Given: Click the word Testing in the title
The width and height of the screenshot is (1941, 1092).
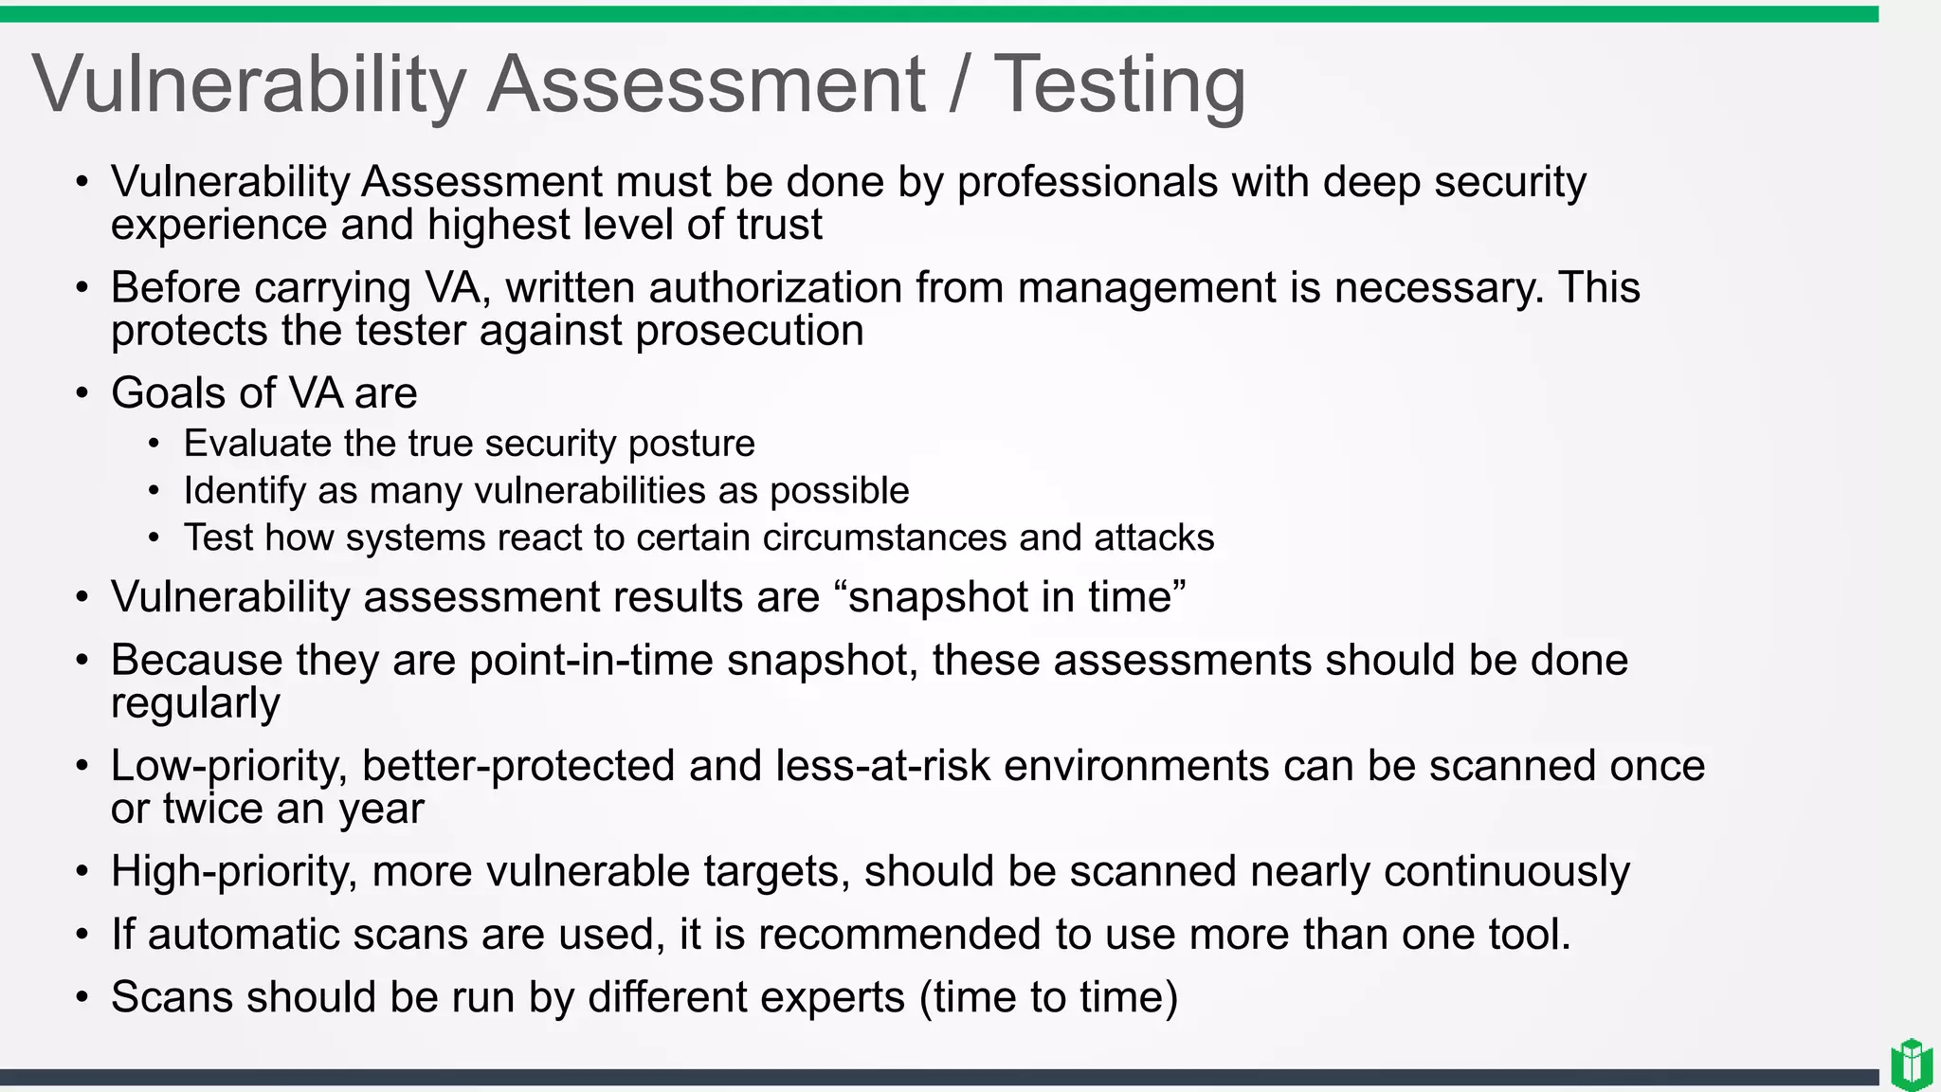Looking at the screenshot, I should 1118,85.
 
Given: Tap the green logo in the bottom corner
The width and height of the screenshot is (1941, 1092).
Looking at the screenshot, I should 1911,1065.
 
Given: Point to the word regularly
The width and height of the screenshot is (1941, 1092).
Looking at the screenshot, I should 195,704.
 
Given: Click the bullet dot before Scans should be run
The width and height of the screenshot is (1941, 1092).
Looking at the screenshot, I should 82,998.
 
